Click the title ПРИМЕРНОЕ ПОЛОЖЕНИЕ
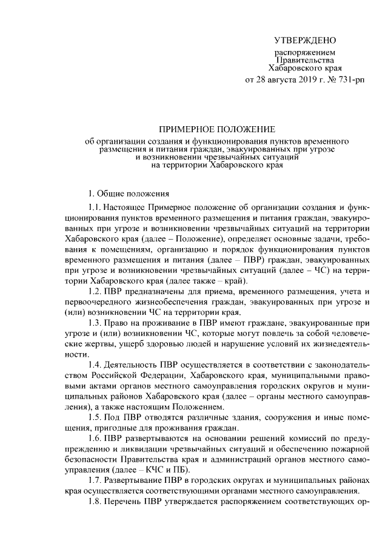pyautogui.click(x=217, y=129)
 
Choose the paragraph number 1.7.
pyautogui.click(x=95, y=480)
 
